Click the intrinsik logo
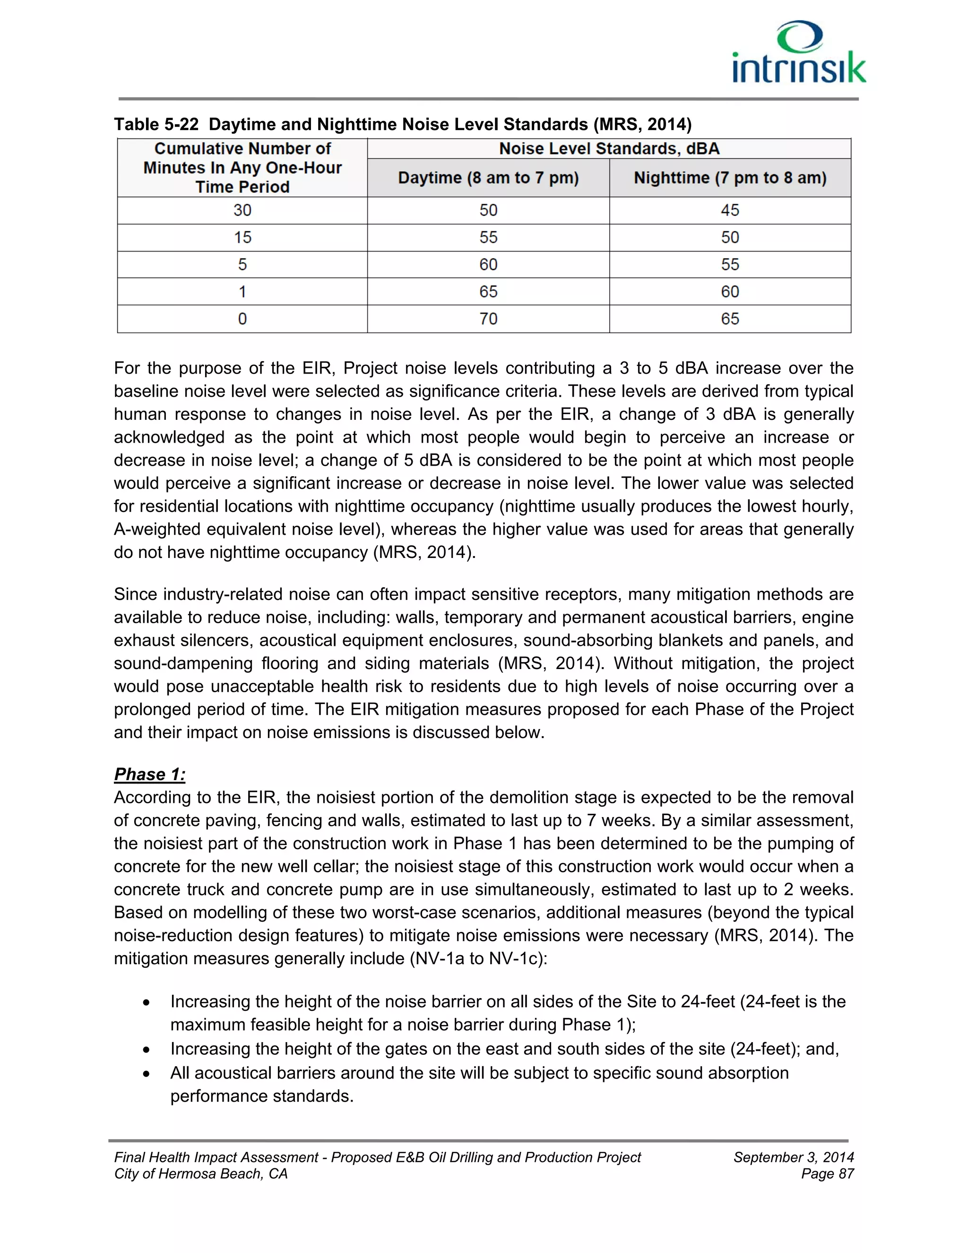point(799,53)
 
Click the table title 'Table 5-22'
point(156,124)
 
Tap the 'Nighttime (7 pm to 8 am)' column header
point(729,178)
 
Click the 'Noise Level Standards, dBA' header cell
point(608,148)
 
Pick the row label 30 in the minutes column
point(242,210)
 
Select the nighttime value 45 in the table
point(729,210)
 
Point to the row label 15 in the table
point(242,237)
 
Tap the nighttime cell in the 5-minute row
point(729,264)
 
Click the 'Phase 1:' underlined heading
point(150,774)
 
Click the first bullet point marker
point(147,1003)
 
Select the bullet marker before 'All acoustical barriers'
point(147,1074)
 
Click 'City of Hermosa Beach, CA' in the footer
point(201,1174)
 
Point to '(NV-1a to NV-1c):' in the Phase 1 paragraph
point(478,959)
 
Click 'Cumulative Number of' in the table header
point(242,148)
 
